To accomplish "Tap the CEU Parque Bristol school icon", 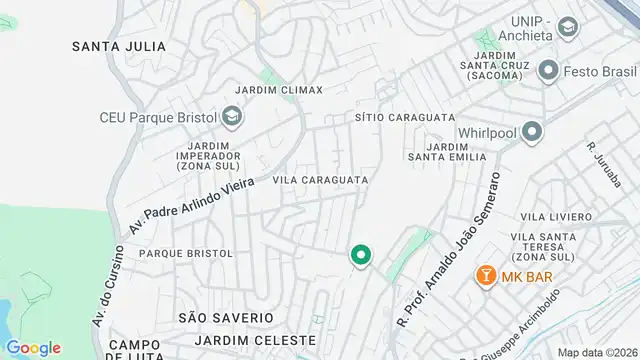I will pos(232,118).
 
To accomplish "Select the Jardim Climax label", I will pos(279,90).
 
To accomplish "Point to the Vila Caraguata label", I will pos(320,180).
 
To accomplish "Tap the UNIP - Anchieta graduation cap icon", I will pos(569,27).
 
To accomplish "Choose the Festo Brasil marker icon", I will pos(547,70).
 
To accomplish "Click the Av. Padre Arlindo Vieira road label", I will pos(192,200).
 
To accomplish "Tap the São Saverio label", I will pos(225,317).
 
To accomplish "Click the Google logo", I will pos(34,347).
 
